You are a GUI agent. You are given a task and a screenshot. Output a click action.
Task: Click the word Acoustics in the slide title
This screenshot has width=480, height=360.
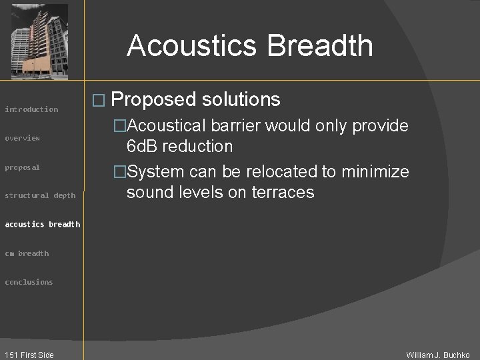tap(191, 46)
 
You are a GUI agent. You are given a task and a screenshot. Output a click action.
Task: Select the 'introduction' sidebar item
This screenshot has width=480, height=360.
tap(31, 109)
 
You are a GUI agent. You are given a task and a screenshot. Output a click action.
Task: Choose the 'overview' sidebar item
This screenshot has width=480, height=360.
tap(23, 138)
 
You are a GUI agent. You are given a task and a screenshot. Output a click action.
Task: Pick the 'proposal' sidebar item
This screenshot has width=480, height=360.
tap(23, 167)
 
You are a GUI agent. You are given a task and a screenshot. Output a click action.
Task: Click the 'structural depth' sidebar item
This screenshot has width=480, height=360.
tap(40, 195)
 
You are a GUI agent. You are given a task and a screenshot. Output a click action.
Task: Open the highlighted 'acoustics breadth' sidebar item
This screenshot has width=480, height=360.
tap(43, 224)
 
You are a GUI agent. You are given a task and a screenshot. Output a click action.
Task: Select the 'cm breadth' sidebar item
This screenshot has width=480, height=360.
tap(27, 253)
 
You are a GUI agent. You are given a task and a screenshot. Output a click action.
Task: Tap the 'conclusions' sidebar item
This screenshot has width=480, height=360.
tap(29, 282)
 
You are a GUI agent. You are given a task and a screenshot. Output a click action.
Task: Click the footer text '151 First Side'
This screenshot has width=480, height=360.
tap(29, 355)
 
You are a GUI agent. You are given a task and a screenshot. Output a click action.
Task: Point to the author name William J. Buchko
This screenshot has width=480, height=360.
tap(438, 355)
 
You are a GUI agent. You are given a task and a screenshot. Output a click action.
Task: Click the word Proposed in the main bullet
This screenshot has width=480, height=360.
tap(154, 100)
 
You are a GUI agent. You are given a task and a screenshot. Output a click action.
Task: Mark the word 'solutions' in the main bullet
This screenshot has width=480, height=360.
tap(241, 100)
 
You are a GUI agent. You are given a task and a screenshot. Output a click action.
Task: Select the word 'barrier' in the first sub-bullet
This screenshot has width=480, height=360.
tap(245, 125)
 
